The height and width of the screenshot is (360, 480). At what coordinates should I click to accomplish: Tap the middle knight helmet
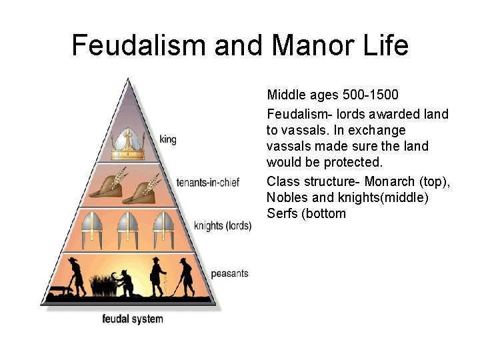point(127,229)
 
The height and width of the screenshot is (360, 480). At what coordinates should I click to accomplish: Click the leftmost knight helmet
point(91,229)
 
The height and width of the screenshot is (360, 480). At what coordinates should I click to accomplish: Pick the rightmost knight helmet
point(162,229)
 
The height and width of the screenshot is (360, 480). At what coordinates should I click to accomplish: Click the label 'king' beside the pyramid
point(168,140)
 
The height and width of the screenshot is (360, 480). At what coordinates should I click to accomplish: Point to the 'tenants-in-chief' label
point(209,182)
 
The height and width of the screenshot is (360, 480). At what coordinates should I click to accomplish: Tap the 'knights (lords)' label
point(222,226)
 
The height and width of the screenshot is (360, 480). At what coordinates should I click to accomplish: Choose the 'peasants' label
point(229,274)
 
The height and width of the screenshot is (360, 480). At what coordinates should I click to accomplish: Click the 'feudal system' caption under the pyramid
point(132,319)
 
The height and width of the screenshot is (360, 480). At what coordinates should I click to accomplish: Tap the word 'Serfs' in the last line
point(283,213)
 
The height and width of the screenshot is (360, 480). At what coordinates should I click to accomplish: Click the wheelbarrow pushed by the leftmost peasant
point(59,288)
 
